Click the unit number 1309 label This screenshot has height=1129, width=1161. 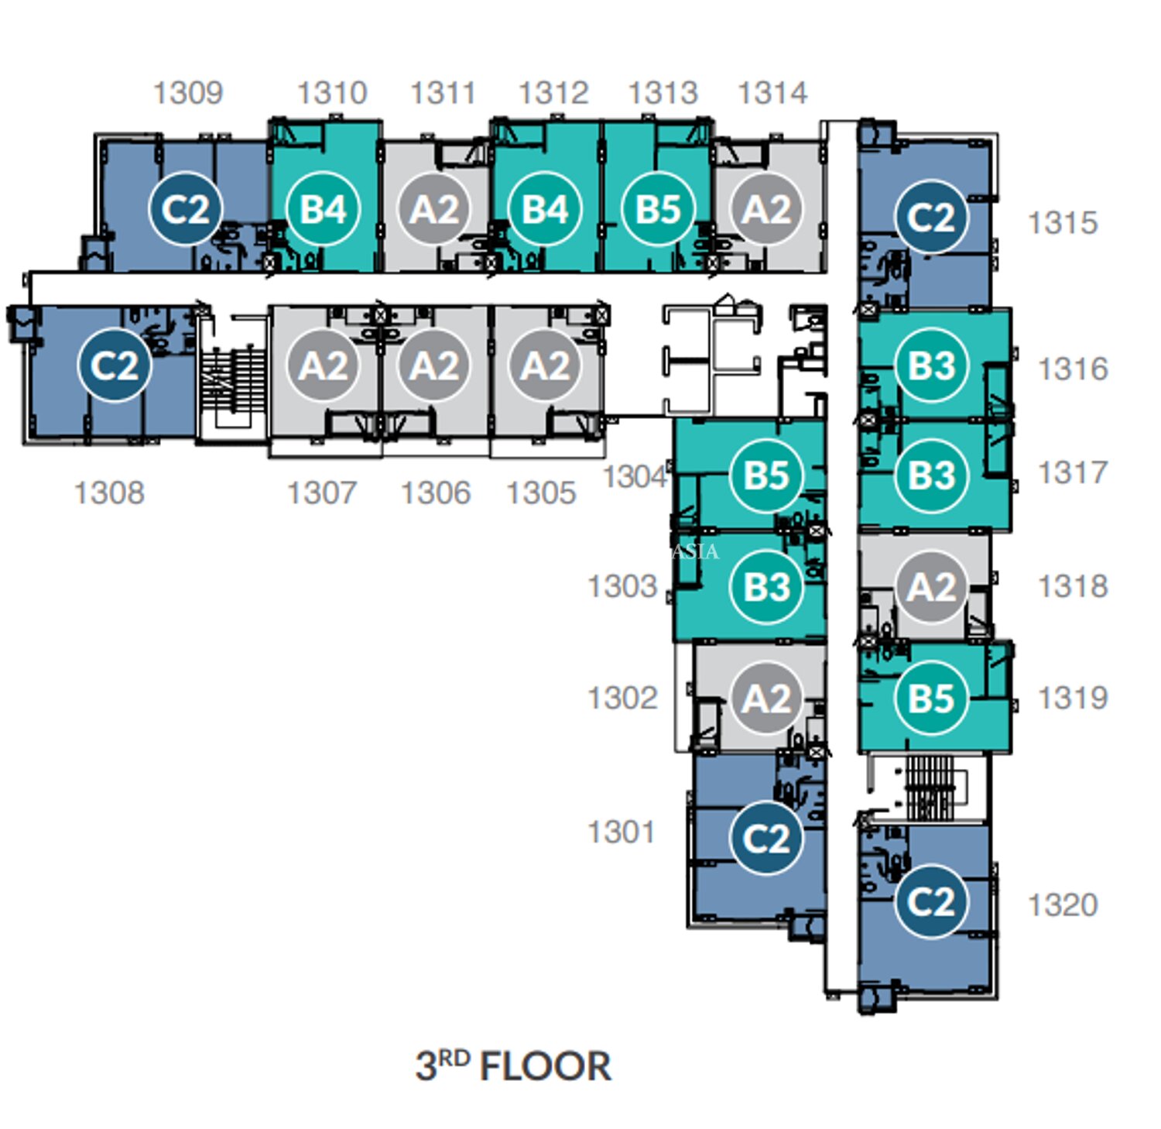[188, 93]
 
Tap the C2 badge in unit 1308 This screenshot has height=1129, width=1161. [114, 365]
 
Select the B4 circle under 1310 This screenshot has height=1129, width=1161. [323, 209]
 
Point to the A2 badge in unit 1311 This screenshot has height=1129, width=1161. [434, 209]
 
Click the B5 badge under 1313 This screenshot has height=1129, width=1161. [658, 209]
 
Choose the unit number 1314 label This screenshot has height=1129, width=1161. [772, 93]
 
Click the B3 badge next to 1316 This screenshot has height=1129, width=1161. [931, 365]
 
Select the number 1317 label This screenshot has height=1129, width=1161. [1073, 472]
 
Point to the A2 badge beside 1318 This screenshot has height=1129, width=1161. [931, 587]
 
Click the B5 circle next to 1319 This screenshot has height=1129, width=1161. [931, 698]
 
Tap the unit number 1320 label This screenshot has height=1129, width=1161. [1063, 904]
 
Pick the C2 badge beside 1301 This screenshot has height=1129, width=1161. [766, 839]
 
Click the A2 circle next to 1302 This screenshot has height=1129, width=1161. [766, 698]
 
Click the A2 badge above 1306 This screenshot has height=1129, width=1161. [434, 365]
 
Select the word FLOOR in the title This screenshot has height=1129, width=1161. [545, 1066]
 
